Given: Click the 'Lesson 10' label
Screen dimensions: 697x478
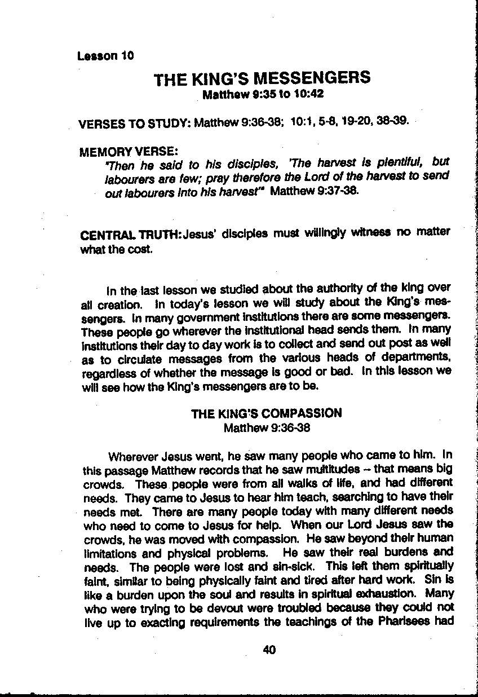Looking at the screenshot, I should coord(106,56).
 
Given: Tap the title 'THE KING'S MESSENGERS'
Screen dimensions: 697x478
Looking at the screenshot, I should coord(262,78).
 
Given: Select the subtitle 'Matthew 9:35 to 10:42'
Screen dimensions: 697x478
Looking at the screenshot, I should coord(263,94).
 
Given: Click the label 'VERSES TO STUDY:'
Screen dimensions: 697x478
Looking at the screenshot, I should coord(135,123).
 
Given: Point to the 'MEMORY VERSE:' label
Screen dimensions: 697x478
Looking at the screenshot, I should coord(129,152).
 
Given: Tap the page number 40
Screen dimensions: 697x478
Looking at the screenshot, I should coord(269,650).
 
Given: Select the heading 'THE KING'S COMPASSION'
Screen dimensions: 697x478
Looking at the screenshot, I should coord(266,413).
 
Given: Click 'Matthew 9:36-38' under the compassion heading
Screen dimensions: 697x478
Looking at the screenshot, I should coord(267,427).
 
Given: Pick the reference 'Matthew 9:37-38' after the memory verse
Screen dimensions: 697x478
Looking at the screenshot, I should coord(314,191).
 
